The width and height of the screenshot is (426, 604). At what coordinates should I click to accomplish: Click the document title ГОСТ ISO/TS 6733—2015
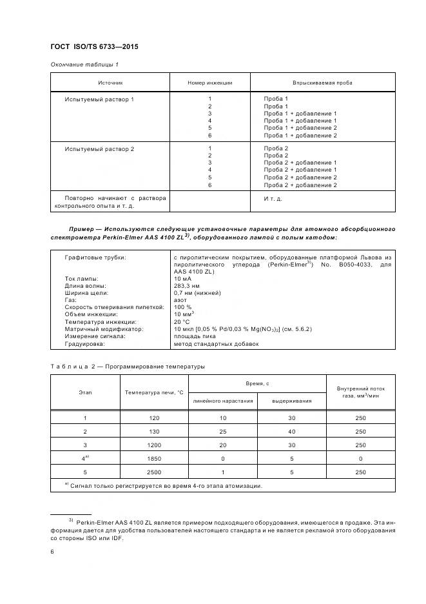point(94,47)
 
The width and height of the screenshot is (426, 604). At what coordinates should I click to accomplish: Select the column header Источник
point(110,83)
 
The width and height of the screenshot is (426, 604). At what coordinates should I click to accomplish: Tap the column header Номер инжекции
point(209,83)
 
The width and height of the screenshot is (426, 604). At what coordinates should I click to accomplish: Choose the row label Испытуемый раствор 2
point(99,148)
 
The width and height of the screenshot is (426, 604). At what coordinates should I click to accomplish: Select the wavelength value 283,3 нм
point(187,285)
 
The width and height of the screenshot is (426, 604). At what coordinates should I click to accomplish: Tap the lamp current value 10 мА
point(182,278)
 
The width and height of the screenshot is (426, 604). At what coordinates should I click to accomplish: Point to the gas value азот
point(180,300)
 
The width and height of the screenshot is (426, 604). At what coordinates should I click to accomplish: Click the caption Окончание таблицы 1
point(84,65)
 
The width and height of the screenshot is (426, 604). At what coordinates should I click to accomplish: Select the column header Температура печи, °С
point(154,392)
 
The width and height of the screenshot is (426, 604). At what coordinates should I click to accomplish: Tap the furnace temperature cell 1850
point(154,458)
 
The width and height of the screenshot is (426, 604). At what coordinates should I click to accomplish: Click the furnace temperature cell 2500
point(154,472)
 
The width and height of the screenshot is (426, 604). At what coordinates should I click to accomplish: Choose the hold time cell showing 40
point(291,431)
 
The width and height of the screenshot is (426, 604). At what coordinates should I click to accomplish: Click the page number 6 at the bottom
point(52,552)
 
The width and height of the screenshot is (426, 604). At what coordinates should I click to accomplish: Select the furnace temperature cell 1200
point(154,445)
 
